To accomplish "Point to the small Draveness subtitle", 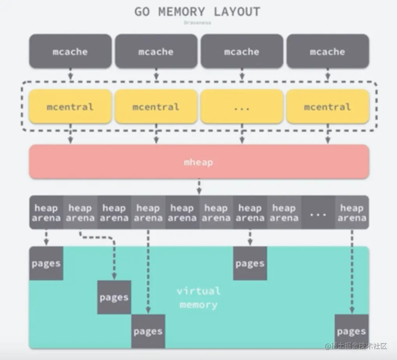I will click(x=197, y=23).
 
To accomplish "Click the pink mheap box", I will click(x=199, y=162).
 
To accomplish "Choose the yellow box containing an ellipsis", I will click(x=242, y=107).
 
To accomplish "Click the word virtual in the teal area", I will click(x=198, y=291).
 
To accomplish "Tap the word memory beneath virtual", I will click(x=198, y=305).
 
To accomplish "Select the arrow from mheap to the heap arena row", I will click(x=199, y=187).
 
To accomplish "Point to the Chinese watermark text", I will click(x=356, y=346).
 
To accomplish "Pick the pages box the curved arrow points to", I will click(x=114, y=297).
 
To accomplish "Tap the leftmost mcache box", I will click(x=70, y=51).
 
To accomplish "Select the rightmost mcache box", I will click(x=327, y=51).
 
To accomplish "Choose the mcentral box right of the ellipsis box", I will click(x=327, y=107).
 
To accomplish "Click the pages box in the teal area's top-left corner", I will click(x=46, y=263).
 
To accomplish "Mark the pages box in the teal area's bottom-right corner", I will click(x=351, y=331).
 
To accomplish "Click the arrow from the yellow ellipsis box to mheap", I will click(x=242, y=134).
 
